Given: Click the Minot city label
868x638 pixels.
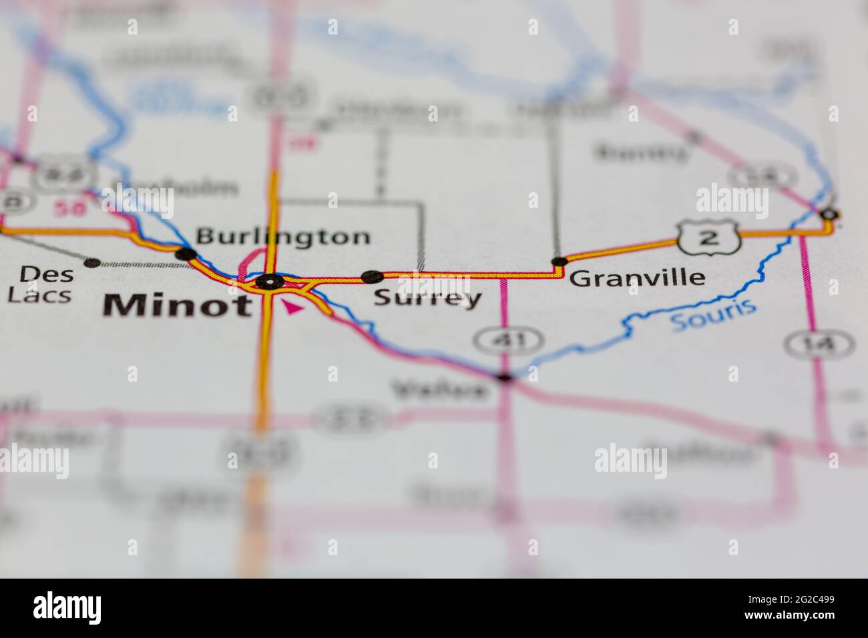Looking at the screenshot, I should (178, 305).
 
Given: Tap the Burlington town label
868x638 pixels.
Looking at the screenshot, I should (282, 237).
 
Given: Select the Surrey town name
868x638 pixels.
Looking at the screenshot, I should (427, 298).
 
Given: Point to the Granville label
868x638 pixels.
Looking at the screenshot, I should (638, 278).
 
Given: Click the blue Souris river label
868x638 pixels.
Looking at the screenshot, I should (713, 315).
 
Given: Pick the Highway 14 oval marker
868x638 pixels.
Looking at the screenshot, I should (819, 344).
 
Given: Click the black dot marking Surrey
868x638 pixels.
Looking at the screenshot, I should (371, 276).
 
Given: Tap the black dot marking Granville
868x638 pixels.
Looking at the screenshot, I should (558, 261).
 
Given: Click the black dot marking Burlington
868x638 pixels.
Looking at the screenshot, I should (185, 254).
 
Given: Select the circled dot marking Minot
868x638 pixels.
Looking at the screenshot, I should (269, 282).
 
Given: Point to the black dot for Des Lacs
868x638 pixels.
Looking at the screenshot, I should (91, 263).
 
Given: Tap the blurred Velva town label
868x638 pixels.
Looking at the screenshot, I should (441, 388).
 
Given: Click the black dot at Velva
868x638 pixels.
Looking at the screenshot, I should (505, 378).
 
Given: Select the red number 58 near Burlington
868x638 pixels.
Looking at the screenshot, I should (71, 209).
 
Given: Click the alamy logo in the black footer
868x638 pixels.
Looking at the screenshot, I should (67, 609).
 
